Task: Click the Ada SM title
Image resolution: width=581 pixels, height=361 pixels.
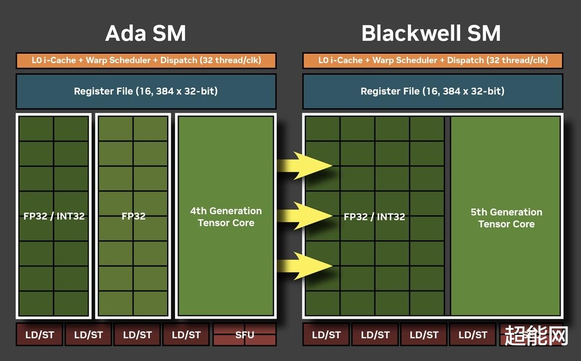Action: click(x=145, y=33)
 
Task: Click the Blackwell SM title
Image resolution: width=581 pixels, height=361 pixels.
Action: click(x=431, y=33)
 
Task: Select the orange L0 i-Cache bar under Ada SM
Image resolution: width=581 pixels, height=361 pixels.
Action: click(x=146, y=60)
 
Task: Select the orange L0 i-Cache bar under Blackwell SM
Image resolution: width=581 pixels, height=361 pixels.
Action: click(x=433, y=60)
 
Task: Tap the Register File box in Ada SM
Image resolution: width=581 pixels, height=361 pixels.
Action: click(x=146, y=91)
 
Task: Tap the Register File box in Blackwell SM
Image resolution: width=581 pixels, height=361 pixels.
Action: click(x=433, y=91)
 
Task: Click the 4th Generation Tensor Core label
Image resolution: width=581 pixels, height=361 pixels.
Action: click(x=226, y=217)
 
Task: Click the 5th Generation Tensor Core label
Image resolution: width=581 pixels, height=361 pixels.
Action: click(x=506, y=218)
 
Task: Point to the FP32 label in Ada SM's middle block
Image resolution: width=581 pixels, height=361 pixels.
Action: click(x=134, y=216)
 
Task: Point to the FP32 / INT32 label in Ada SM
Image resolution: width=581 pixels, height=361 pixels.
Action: click(x=54, y=216)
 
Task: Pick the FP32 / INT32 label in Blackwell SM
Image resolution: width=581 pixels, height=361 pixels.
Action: click(x=374, y=217)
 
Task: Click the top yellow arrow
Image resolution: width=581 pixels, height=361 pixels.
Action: click(x=305, y=165)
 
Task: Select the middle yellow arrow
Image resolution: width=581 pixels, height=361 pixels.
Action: click(x=305, y=215)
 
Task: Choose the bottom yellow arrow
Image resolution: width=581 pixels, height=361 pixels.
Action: click(x=305, y=266)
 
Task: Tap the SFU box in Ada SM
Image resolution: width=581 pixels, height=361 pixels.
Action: click(x=245, y=335)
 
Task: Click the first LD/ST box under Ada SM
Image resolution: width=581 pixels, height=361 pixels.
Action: click(x=39, y=335)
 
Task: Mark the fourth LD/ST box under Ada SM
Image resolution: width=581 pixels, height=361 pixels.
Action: click(x=186, y=335)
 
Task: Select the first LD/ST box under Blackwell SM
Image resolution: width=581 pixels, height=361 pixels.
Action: click(x=326, y=335)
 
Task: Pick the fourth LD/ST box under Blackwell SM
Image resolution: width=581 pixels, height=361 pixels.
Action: click(x=472, y=335)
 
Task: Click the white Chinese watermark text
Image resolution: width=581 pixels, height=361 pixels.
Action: click(x=536, y=336)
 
